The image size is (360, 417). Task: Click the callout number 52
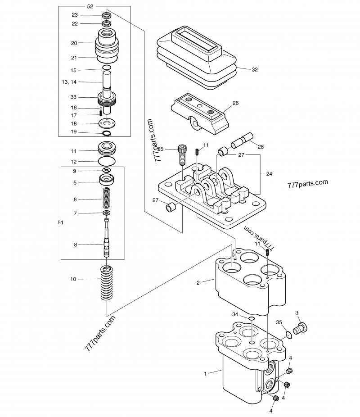tap(90, 6)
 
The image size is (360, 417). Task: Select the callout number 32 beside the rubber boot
tap(255, 69)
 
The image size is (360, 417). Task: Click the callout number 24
tap(269, 173)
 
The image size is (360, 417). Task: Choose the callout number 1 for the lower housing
tap(205, 373)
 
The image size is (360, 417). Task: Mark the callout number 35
tap(279, 322)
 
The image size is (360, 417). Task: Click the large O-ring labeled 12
tap(107, 161)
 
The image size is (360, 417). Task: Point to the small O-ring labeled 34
tap(251, 319)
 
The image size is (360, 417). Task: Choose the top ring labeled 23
tap(107, 15)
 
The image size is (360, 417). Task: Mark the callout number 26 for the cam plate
tap(235, 103)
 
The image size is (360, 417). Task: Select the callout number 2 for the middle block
tap(198, 282)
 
